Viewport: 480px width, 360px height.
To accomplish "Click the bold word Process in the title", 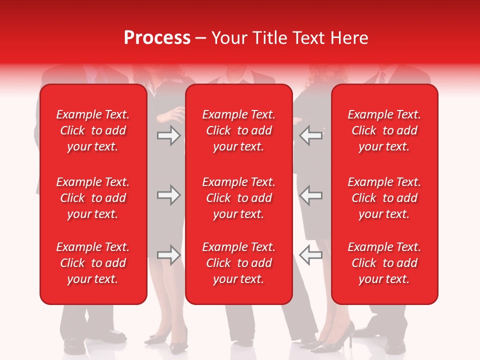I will pos(157,38).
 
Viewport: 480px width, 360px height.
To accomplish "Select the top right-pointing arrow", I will pos(168,135).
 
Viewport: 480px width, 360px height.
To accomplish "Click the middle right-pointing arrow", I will pos(168,195).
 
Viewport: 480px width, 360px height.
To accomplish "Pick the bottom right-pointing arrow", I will pos(168,255).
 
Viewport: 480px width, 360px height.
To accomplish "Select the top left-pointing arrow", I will pos(311,135).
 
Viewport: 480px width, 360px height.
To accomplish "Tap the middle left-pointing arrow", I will pos(311,195).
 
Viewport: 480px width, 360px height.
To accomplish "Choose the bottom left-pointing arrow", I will pos(311,255).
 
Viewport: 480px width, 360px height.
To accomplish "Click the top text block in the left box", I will pos(93,130).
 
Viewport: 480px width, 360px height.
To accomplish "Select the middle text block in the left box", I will pos(93,198).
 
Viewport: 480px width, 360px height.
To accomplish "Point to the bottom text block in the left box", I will pos(93,263).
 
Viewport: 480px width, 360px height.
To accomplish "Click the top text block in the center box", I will pos(238,130).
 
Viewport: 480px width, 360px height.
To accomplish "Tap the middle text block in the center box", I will pos(238,198).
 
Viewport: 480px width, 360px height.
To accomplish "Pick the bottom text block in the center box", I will pos(238,263).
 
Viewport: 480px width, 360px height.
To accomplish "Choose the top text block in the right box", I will pos(384,130).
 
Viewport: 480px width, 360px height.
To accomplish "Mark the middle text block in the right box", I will pos(384,198).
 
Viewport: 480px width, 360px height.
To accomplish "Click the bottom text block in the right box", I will pos(384,263).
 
